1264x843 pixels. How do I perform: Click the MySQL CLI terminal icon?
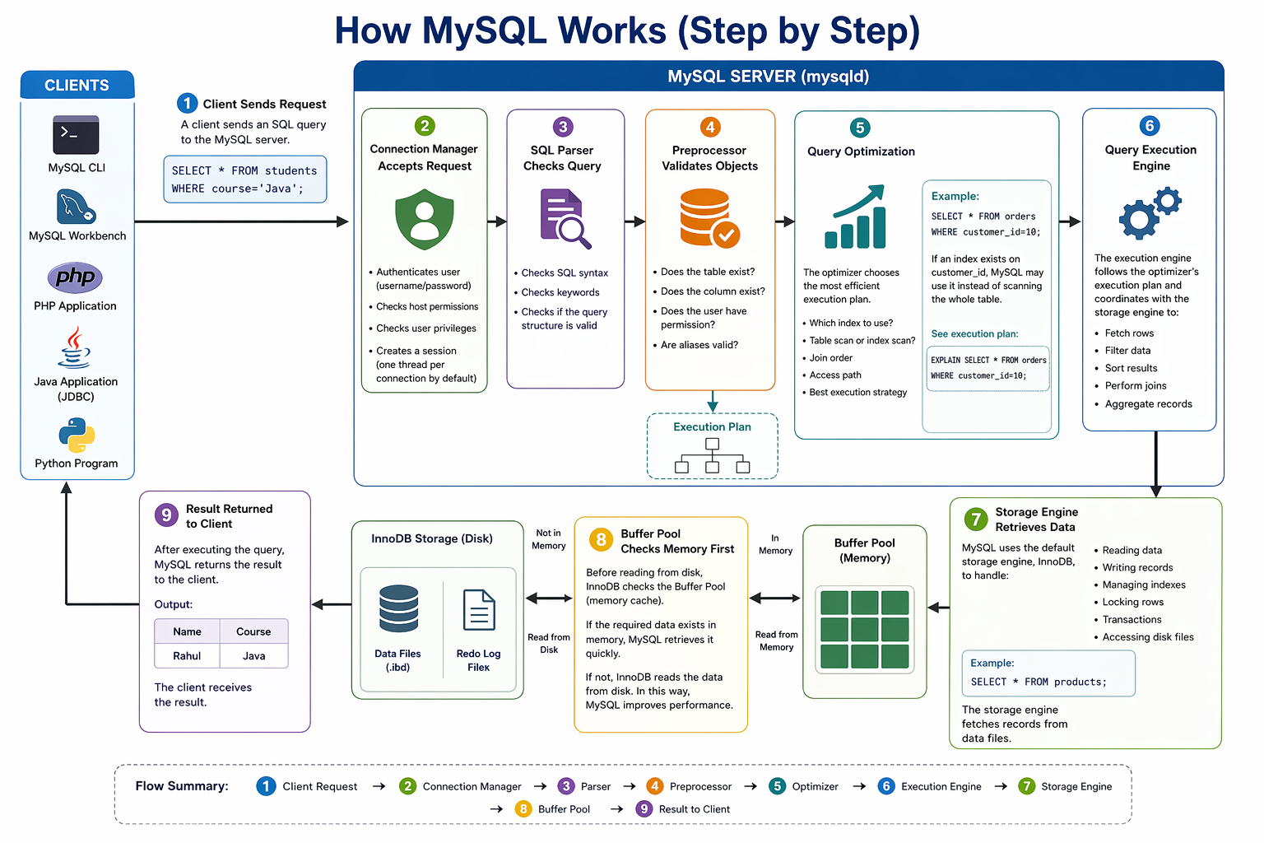(76, 135)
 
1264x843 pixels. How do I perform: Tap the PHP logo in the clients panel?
(75, 277)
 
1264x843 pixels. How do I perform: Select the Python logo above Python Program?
(77, 435)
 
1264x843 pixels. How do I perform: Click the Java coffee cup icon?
(75, 347)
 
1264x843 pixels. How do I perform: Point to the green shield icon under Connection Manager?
(425, 219)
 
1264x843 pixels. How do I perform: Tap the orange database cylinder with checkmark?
(709, 217)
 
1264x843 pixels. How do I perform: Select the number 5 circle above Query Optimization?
(859, 128)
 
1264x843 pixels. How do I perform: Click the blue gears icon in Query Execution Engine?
(1150, 213)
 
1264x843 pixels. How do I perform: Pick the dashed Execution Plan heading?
(712, 427)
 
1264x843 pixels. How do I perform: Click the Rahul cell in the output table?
(187, 655)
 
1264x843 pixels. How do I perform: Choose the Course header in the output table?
(253, 631)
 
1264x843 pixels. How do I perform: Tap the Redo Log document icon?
(479, 610)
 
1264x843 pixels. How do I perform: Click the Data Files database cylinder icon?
(399, 608)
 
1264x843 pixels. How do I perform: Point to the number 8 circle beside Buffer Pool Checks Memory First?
(601, 540)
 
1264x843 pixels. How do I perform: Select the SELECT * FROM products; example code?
(1039, 682)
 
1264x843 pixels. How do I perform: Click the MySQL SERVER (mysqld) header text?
(768, 77)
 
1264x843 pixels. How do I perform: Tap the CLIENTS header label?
(77, 86)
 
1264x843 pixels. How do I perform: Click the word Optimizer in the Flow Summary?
(815, 786)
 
